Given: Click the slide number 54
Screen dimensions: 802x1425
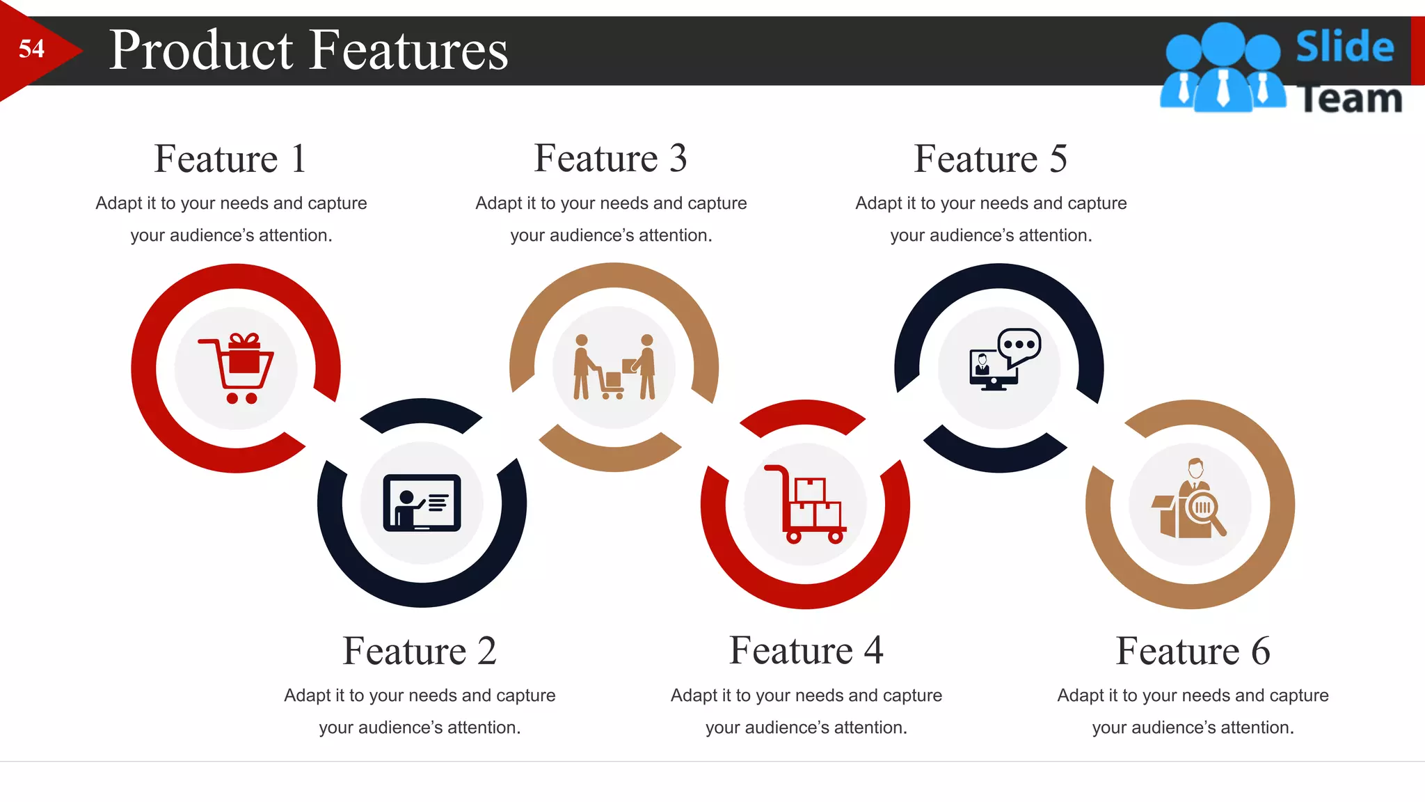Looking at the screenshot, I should click(x=31, y=49).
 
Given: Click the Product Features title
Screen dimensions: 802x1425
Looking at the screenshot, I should click(x=308, y=50).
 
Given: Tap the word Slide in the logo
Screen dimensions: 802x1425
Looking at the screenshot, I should click(x=1344, y=47).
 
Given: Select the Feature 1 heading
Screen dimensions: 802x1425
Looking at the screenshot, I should click(x=230, y=159).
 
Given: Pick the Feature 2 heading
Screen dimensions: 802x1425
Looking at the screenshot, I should click(x=420, y=651).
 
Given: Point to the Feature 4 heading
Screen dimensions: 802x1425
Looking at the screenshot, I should click(x=806, y=650).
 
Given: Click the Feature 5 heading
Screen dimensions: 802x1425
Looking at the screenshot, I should click(x=990, y=159).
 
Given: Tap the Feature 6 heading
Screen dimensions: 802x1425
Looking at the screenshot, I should click(x=1193, y=651).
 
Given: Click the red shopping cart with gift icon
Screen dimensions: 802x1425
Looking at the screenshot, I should click(x=237, y=368).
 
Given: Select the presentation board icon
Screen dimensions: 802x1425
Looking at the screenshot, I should click(x=422, y=503).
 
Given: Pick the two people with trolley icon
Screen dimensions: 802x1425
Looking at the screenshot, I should click(x=614, y=368).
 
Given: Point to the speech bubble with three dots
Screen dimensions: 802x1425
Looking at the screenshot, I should click(x=1019, y=345).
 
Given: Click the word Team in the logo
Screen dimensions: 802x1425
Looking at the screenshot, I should click(x=1350, y=99).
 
